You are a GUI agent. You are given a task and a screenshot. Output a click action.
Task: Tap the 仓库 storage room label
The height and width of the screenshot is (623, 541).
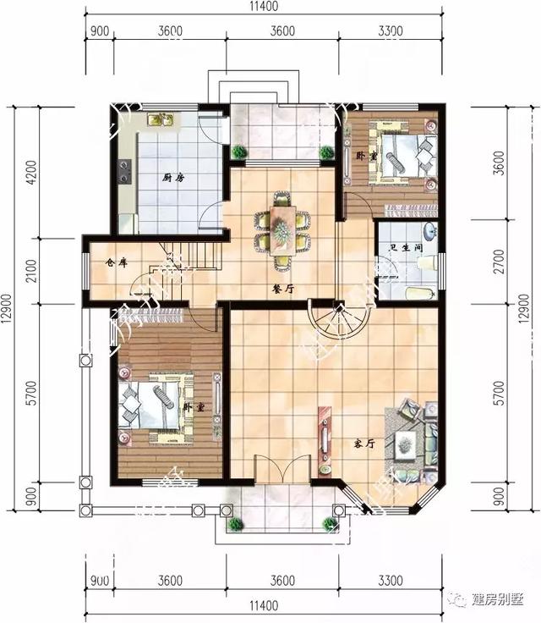116,263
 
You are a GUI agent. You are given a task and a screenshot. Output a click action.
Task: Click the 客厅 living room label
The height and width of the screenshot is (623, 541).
364,443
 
